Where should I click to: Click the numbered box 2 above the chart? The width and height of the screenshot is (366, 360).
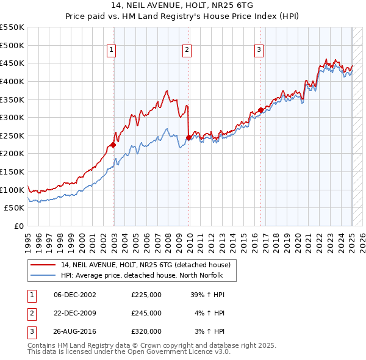[187, 51]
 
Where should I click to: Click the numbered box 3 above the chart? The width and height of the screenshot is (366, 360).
[259, 51]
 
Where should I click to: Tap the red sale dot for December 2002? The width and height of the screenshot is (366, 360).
[113, 145]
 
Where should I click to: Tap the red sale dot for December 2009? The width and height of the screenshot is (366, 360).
[188, 137]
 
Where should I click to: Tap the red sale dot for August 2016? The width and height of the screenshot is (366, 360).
[260, 110]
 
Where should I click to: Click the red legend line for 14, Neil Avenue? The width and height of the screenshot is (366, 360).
[43, 265]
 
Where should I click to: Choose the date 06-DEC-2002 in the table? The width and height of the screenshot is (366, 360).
[75, 295]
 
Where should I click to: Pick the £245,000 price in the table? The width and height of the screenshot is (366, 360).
[146, 313]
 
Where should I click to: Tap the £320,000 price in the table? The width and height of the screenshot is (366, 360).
[146, 331]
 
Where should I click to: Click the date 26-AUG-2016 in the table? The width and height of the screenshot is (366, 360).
[75, 331]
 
